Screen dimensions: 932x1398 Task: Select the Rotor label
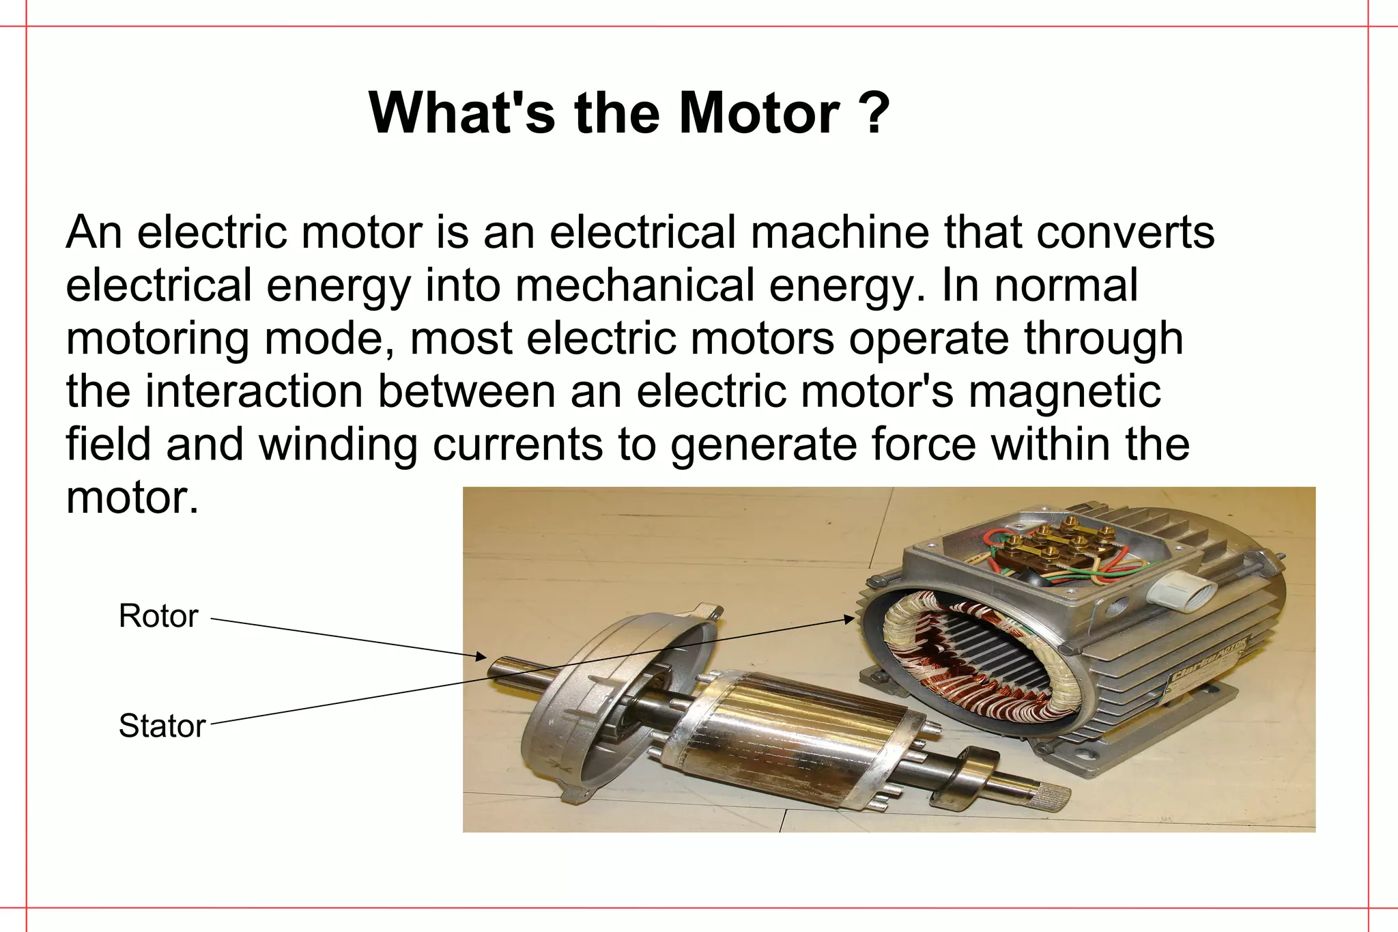coord(158,616)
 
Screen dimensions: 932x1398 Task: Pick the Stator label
coord(162,726)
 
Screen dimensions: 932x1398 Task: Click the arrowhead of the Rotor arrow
coord(482,657)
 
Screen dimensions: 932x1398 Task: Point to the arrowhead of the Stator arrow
coord(849,619)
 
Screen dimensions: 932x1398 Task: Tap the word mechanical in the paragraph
coord(635,285)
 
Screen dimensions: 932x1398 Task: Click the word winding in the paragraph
coord(338,444)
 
